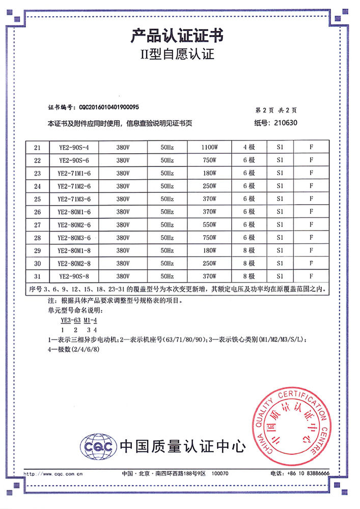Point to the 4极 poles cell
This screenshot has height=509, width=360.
pyautogui.click(x=248, y=148)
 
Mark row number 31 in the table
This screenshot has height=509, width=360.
pyautogui.click(x=37, y=276)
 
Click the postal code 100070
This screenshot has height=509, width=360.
pyautogui.click(x=220, y=473)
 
